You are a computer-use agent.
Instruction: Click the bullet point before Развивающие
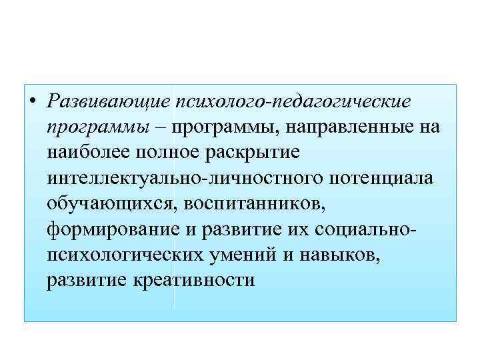tap(33, 102)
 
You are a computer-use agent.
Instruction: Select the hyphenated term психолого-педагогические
tap(293, 102)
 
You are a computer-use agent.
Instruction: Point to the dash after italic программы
tap(161, 127)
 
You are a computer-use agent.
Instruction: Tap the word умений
tap(244, 254)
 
